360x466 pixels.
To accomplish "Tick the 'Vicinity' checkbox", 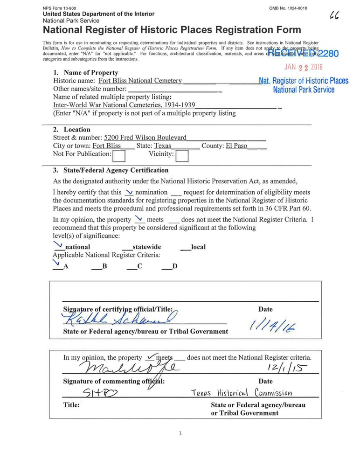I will [181, 155].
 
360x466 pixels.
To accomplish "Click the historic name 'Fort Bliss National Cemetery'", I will [140, 81].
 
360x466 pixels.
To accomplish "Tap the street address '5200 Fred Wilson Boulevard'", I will [145, 138].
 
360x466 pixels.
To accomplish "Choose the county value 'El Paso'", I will [236, 146].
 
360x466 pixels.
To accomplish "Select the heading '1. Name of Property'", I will [85, 73].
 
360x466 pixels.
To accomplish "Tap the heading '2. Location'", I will [71, 130].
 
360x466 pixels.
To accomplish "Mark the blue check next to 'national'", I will [57, 243].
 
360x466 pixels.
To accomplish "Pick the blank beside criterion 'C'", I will [132, 267].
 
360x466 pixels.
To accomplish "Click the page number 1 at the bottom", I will [180, 434].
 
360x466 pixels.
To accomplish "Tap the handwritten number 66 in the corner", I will [334, 15].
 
